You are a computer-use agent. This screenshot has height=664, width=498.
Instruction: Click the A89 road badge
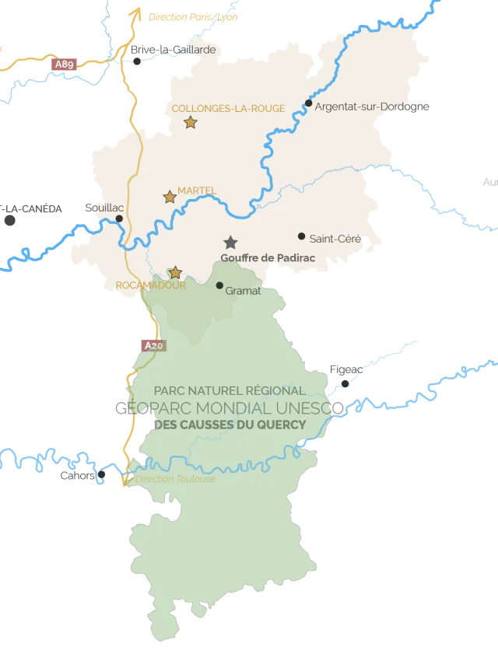click(x=65, y=65)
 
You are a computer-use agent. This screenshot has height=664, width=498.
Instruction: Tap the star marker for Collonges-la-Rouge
click(x=191, y=122)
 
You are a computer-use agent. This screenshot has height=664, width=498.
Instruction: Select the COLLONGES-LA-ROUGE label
click(x=228, y=108)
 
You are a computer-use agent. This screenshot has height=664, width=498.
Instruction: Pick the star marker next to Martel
click(x=170, y=197)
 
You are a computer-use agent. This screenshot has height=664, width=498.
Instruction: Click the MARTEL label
click(x=197, y=190)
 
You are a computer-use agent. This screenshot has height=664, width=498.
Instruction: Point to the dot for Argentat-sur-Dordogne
click(x=309, y=103)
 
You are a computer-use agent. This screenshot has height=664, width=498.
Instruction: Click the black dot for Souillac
click(x=119, y=218)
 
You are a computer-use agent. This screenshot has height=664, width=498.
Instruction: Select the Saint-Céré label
click(x=335, y=238)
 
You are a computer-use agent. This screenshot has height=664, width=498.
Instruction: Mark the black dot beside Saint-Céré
click(x=302, y=236)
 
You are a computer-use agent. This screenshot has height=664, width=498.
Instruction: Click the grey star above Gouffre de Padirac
click(x=230, y=243)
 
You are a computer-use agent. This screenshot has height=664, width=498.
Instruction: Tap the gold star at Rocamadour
click(x=176, y=272)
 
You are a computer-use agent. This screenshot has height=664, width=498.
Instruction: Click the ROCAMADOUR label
click(x=150, y=285)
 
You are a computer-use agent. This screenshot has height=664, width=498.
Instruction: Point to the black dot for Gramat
click(x=219, y=285)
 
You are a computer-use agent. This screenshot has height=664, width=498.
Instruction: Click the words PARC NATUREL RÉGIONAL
click(x=230, y=391)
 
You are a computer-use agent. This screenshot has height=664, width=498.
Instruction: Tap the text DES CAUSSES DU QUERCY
click(x=230, y=425)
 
